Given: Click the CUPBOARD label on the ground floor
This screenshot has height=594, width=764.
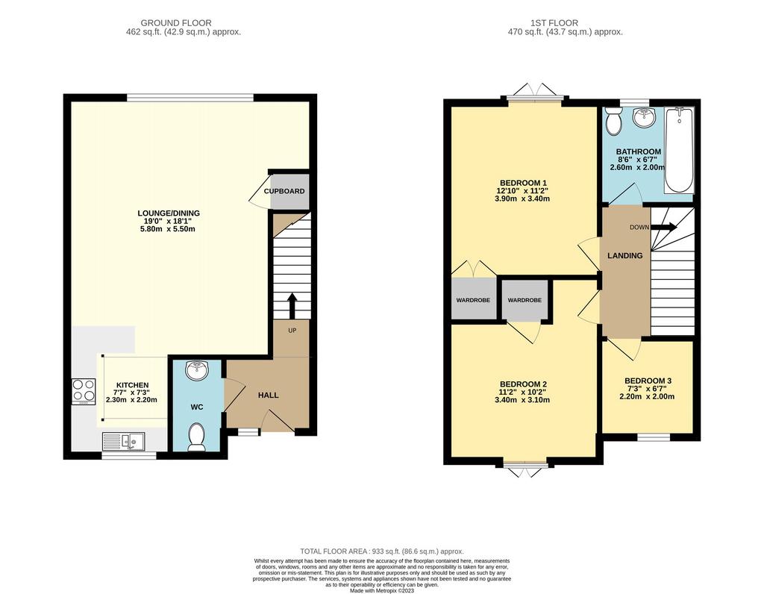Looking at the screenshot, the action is tap(284, 191).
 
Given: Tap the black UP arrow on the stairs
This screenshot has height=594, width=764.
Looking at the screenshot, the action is tap(292, 305).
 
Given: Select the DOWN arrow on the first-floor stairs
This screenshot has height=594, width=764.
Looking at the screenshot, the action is tap(663, 227).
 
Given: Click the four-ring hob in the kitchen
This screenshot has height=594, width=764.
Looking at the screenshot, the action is tap(84, 391).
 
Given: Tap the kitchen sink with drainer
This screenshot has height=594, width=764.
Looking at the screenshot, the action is tap(123, 442).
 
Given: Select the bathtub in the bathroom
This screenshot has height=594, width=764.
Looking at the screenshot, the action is tap(679, 151).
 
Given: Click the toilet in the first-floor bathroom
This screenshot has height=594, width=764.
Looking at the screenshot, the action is tap(613, 120).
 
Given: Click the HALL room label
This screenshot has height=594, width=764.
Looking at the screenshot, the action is tap(268, 395).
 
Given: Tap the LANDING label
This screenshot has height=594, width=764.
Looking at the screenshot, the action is tap(625, 255).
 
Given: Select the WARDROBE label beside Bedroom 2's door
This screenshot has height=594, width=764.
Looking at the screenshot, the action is tap(525, 300).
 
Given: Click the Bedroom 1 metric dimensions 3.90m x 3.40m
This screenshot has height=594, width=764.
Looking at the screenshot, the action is tap(522, 198).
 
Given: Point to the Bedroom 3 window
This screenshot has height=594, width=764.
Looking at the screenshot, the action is tap(654, 437).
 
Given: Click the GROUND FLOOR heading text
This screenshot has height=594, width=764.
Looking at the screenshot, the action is tap(176, 23).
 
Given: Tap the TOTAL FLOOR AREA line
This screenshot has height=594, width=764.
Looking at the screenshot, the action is tap(381, 551).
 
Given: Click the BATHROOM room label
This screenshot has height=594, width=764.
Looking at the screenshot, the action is tap(639, 151).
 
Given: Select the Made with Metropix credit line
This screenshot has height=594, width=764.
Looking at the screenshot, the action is tap(382, 590).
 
